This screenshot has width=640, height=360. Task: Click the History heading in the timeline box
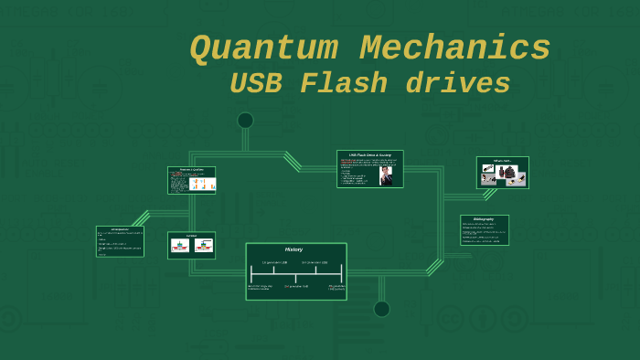pos(294,249)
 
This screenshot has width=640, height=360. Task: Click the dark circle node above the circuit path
pos(245,120)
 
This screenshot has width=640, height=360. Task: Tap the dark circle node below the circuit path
pos(381,309)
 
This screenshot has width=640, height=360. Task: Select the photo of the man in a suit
pos(387,175)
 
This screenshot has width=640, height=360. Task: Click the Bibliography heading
pos(484,219)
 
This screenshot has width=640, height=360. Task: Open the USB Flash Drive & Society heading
pos(369,154)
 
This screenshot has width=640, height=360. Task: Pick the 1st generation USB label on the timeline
pos(274,263)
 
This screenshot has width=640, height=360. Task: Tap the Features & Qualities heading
pos(191,170)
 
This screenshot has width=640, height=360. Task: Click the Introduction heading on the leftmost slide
pos(119,229)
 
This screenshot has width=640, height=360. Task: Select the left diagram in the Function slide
pos(180,246)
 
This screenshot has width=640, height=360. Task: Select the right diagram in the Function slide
pos(203,246)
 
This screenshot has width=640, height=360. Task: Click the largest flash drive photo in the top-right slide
pos(507,172)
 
